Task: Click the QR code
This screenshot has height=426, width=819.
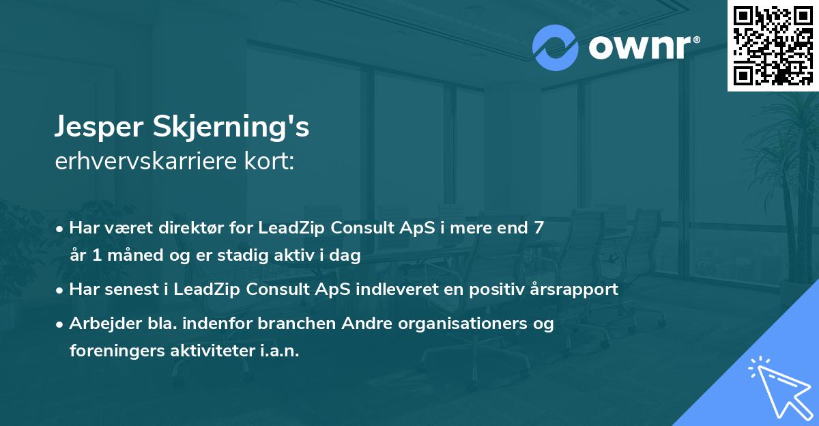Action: point(773,45)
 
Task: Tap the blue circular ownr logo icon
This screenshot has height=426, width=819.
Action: point(555,48)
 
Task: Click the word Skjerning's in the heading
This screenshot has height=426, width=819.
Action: point(231,127)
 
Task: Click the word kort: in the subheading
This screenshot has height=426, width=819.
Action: point(269,161)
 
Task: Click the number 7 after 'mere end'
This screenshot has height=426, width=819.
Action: point(538,228)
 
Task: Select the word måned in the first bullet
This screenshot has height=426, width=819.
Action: point(135,255)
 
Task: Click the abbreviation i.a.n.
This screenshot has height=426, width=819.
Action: point(280,351)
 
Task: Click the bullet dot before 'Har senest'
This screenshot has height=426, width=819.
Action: point(59,291)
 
